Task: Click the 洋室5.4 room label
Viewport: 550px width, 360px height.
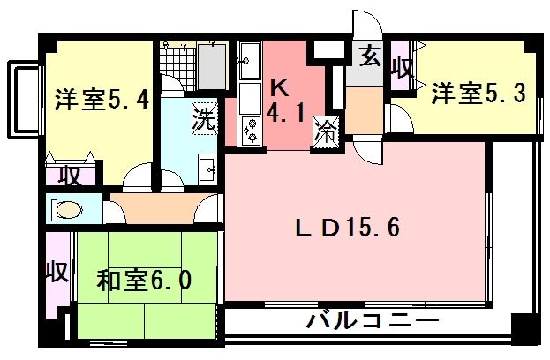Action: click(x=102, y=98)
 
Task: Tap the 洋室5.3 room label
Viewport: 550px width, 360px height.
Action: click(x=479, y=91)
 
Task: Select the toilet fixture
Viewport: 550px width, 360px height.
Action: click(x=67, y=211)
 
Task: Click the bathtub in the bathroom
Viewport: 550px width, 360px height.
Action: click(x=213, y=65)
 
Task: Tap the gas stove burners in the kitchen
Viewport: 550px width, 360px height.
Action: click(x=251, y=131)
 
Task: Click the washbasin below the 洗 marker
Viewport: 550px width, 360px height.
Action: click(x=208, y=168)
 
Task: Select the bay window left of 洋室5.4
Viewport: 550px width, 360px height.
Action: click(x=21, y=99)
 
